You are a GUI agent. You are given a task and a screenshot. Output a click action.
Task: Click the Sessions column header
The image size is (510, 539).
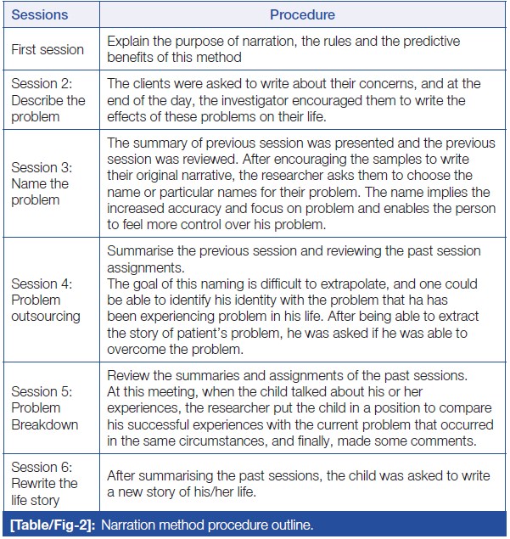[x=39, y=14]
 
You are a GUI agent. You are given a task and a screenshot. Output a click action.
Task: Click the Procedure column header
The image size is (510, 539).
[x=302, y=14]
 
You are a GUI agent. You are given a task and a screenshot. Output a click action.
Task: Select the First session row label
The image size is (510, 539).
[x=48, y=50]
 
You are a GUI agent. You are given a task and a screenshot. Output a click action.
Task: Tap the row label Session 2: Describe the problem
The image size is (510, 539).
[x=48, y=100]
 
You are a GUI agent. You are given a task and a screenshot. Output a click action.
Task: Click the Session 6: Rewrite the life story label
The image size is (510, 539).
[x=45, y=483]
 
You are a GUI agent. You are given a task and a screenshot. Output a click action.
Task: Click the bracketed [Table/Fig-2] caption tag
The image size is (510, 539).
[x=52, y=525]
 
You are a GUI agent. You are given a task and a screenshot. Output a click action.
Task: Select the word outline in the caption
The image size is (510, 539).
[x=290, y=525]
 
